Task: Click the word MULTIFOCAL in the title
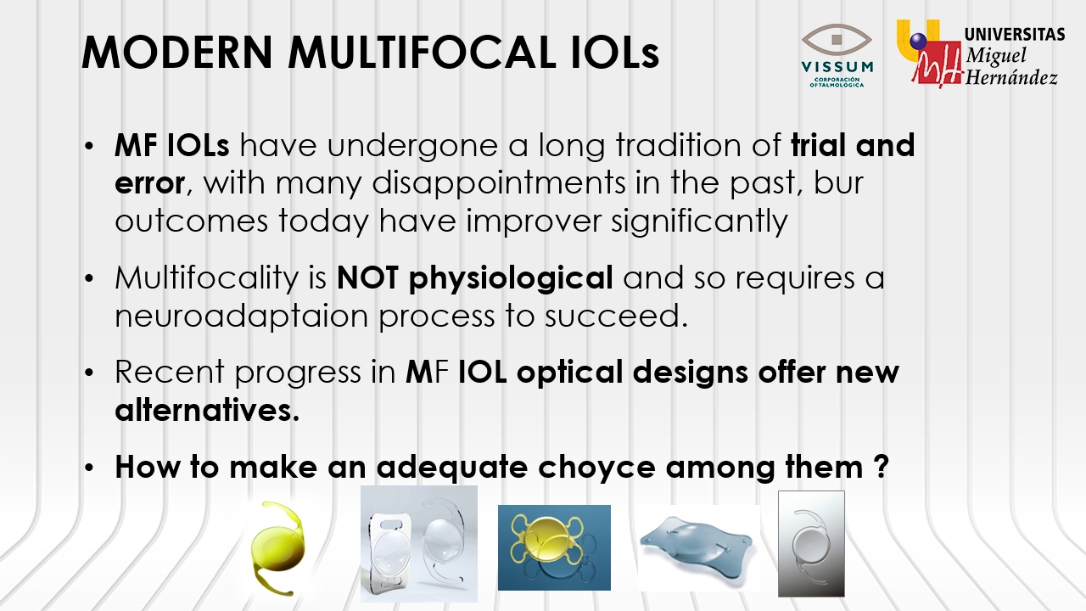(423, 52)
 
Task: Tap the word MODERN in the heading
(177, 52)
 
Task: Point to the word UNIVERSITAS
(1014, 35)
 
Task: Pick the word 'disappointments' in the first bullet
(499, 182)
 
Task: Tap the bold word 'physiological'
(511, 277)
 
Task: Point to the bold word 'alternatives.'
(207, 410)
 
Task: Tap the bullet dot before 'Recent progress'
(88, 373)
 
